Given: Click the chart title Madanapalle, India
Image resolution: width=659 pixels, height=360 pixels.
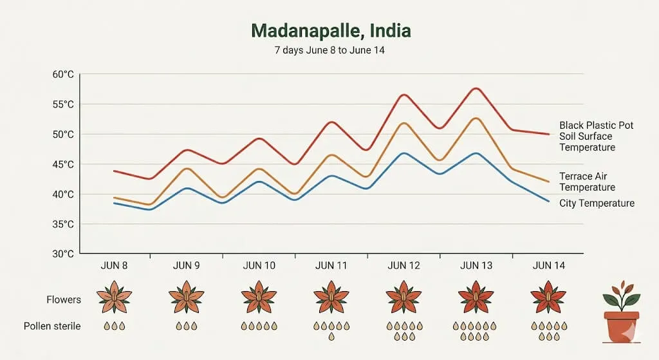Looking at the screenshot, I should click(x=330, y=31).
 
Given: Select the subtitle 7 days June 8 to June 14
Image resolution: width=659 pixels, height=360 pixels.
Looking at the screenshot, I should click(x=330, y=50).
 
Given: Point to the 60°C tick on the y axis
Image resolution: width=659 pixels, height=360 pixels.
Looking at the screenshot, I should click(x=62, y=74).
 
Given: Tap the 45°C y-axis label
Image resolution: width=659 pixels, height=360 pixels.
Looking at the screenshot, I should click(x=62, y=164).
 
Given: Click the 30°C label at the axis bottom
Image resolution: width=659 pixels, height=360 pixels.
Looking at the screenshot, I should click(x=62, y=254).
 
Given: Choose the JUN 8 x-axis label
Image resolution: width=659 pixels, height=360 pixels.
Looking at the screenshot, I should click(x=114, y=266).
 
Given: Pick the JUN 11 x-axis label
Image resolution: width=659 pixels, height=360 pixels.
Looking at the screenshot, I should click(x=331, y=266).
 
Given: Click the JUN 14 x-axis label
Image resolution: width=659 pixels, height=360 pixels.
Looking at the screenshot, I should click(x=548, y=266).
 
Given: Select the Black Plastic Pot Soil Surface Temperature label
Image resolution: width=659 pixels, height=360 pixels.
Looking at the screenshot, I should click(x=596, y=136).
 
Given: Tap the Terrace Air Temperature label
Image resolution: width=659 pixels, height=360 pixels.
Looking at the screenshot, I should click(x=587, y=182).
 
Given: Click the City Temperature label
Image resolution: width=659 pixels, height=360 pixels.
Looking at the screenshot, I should click(x=597, y=204).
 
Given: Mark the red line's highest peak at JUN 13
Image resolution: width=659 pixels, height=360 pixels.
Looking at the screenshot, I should click(x=476, y=88).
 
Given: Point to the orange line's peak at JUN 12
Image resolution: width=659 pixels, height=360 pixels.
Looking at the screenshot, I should click(x=404, y=123).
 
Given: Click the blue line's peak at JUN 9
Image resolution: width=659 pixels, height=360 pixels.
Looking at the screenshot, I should click(x=186, y=188).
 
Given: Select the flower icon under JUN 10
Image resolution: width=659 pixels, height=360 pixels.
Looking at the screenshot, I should click(x=259, y=296).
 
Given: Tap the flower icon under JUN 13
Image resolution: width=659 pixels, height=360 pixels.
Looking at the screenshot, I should click(x=476, y=296).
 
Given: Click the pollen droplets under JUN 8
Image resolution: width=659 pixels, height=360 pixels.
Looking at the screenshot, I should click(x=114, y=326).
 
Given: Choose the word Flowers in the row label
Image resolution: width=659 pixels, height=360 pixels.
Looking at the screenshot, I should click(x=64, y=299).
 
